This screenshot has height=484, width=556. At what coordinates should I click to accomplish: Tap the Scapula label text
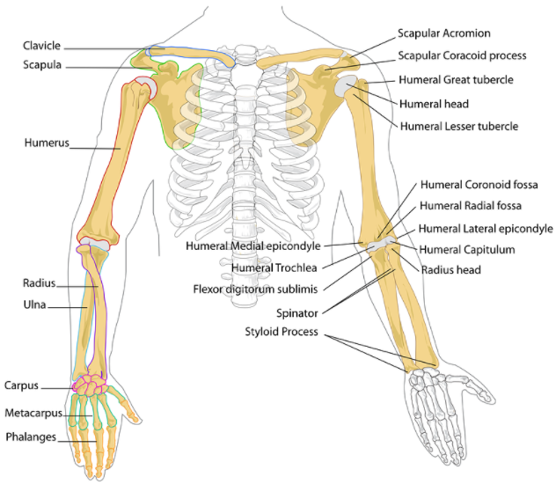(43, 64)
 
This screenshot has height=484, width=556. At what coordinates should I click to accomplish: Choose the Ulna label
(35, 306)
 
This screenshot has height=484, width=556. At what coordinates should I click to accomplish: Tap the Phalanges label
(32, 436)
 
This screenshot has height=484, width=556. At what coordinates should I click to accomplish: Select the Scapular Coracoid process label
(462, 55)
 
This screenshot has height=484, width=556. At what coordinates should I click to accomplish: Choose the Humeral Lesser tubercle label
(458, 126)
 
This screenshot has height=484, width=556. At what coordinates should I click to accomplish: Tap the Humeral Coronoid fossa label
(479, 185)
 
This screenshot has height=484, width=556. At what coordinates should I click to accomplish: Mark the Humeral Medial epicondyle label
(253, 246)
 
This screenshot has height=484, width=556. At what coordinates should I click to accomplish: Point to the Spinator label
(296, 312)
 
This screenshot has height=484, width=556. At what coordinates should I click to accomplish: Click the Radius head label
(450, 269)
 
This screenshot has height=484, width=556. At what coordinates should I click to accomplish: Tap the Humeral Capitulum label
(467, 250)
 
